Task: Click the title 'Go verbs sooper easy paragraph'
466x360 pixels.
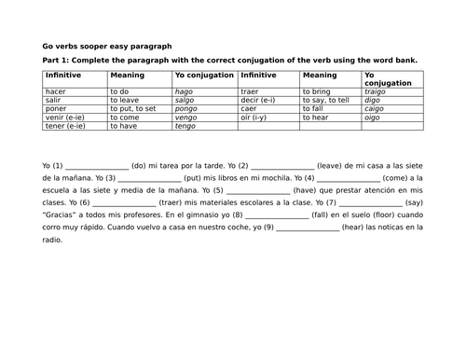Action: click(x=106, y=45)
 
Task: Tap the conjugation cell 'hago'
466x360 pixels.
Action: click(x=185, y=93)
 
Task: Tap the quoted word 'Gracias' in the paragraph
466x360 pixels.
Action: click(x=60, y=215)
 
